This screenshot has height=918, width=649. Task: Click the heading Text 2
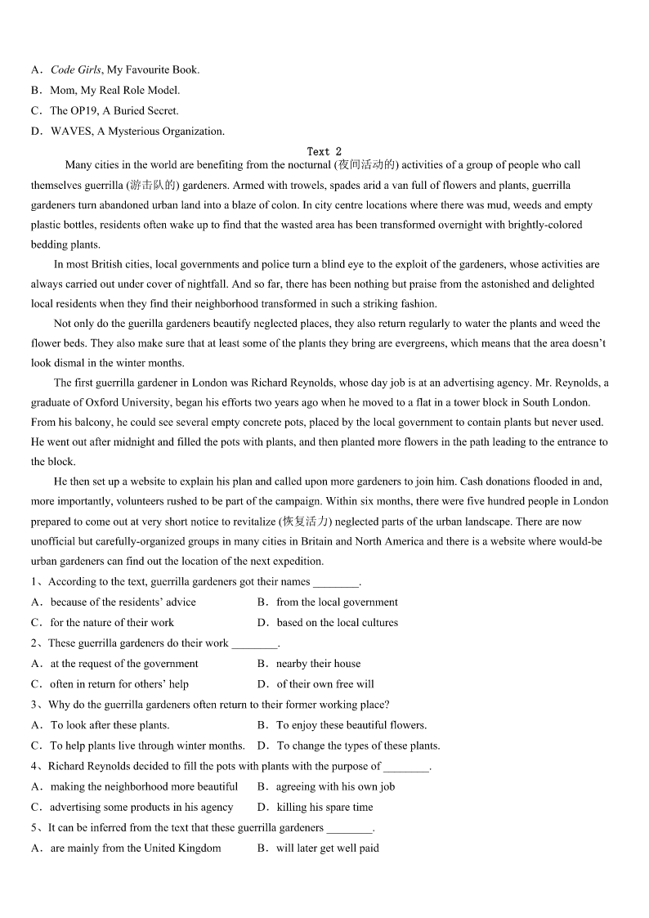point(324,151)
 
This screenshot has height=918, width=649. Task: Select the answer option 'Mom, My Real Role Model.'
point(114,91)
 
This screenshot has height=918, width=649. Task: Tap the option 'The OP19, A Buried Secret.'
point(114,111)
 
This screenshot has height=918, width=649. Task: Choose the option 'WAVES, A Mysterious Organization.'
point(137,132)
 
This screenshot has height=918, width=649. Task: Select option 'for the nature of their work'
point(112,623)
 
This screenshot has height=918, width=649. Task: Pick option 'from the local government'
point(337,602)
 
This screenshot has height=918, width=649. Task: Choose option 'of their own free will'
point(324,684)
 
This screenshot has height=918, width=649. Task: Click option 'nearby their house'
point(318,664)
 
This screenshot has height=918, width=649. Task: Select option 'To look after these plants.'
point(110,725)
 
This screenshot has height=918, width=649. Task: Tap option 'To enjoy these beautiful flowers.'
point(351,725)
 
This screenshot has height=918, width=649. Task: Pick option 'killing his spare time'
point(324,808)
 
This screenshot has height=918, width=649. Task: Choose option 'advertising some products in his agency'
point(141,808)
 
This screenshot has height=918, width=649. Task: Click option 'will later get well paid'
point(327,849)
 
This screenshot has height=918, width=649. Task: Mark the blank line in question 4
point(406,768)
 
